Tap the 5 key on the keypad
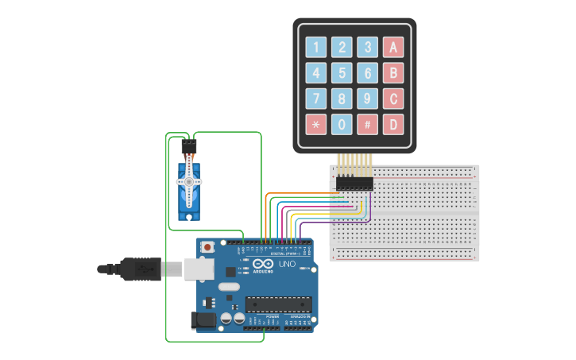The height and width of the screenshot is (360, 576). pos(342,74)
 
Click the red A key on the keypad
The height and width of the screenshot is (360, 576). pos(392,48)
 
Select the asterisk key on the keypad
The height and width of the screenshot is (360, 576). pos(316,125)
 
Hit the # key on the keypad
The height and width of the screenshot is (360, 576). pos(367,125)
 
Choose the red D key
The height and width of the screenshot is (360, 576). pos(392,125)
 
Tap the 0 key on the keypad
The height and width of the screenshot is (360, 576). pos(342,125)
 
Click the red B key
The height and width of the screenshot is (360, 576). pos(392,74)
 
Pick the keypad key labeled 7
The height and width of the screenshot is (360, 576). pos(316,99)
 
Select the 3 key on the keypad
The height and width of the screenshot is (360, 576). pos(367,48)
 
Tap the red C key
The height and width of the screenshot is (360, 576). pos(392,99)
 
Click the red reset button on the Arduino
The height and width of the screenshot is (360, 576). pos(208,247)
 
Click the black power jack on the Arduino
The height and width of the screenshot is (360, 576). pos(203,320)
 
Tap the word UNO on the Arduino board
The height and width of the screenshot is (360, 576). pos(287,264)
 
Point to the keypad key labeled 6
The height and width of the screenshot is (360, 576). pos(367,74)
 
